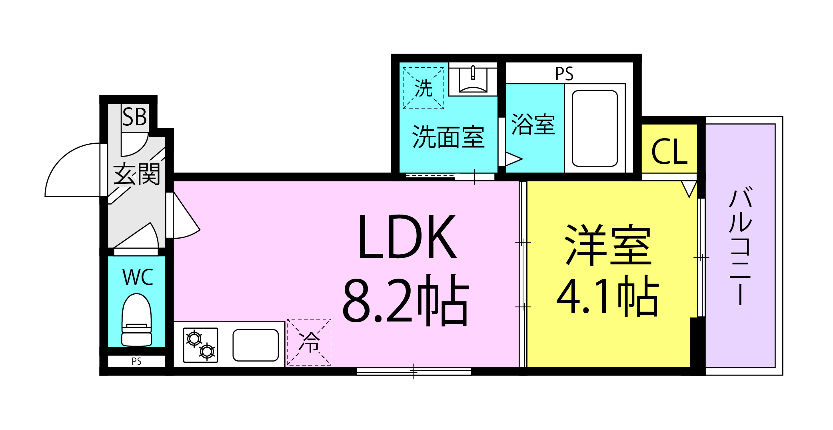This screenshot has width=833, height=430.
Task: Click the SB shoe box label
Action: [x=134, y=117]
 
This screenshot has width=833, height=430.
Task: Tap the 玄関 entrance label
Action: [x=137, y=174]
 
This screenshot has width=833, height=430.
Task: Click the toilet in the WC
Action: [x=137, y=320]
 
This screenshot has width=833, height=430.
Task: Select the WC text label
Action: [x=138, y=277]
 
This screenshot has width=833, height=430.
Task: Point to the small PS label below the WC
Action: [x=137, y=361]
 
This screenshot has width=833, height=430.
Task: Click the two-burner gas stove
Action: [x=201, y=345]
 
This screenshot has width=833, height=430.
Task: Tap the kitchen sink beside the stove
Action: [x=256, y=345]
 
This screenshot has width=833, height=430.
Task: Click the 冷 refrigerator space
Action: [x=309, y=342]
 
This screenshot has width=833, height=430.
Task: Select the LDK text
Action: [x=407, y=237]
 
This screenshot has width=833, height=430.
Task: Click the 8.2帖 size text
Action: [x=406, y=300]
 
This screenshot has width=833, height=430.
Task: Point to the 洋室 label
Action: [x=608, y=244]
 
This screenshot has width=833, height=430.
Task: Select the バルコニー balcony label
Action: [x=741, y=245]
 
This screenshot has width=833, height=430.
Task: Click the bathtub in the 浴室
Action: [x=595, y=128]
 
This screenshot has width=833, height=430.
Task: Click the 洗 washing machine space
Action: [x=423, y=88]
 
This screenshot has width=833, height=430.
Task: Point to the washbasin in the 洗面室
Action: [x=473, y=79]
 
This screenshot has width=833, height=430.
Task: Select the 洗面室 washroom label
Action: [x=448, y=137]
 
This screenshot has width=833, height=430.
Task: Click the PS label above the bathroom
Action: [x=564, y=74]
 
